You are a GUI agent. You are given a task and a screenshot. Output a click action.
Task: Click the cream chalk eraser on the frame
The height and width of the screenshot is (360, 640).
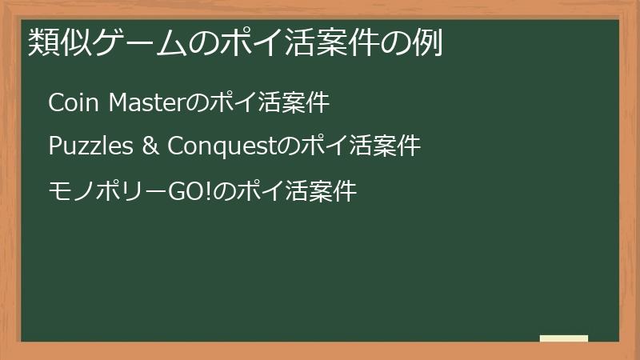tap(564, 338)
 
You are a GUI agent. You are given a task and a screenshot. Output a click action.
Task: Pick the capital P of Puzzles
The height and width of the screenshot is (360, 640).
tap(54, 147)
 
